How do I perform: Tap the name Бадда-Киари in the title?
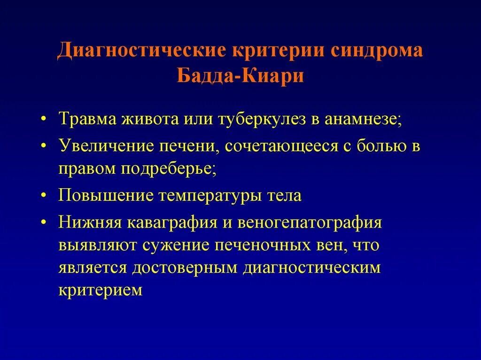click(240, 76)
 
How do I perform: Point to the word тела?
click(286, 195)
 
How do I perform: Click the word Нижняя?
click(89, 222)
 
